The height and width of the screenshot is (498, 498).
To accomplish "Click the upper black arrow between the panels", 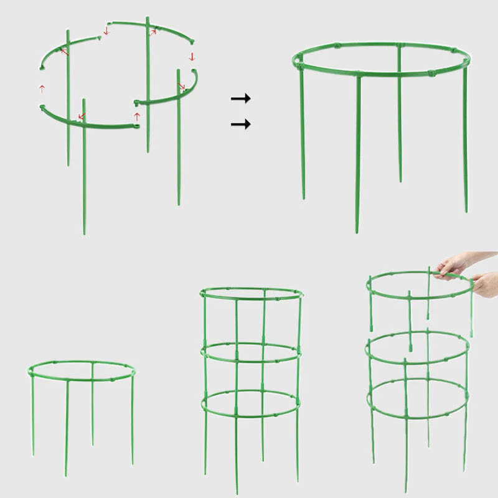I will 240,98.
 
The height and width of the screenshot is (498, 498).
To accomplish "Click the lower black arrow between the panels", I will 240,125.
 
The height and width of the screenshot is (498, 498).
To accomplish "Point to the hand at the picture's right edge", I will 486,284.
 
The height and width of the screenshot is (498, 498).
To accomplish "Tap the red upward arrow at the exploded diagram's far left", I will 42,88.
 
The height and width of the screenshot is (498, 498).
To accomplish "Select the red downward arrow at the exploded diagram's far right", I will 192,57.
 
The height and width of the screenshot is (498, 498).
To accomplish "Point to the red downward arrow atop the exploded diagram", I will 106,30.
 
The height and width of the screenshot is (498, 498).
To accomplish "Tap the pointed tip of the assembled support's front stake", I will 357,230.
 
